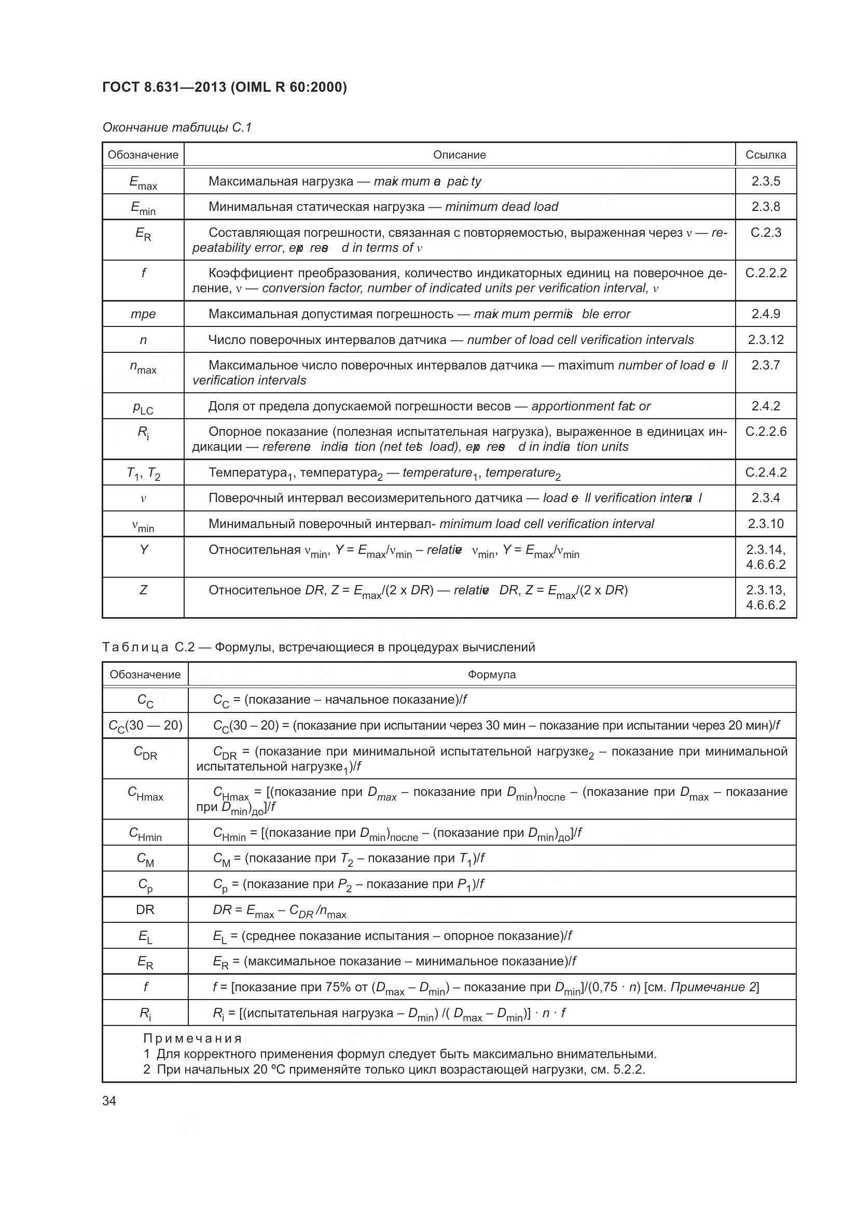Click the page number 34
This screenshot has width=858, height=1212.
coord(109,1101)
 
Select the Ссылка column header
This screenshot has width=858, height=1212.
coord(765,154)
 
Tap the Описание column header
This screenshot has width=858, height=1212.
coord(459,154)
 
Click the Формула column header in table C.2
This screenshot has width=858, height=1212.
coord(491,674)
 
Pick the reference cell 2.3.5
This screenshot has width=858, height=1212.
coord(765,181)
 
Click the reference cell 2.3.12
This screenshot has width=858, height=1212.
coord(765,339)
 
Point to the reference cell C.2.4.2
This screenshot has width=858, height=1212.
coord(765,472)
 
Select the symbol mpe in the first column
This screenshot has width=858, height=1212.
coord(143,314)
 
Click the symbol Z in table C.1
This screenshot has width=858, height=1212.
coord(143,590)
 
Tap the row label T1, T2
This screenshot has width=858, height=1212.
coord(143,474)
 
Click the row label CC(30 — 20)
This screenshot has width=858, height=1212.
coord(145,726)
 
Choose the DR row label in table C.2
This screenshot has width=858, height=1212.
coord(145,909)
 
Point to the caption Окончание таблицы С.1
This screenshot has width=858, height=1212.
coord(177,127)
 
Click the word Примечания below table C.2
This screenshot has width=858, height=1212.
coord(193,1038)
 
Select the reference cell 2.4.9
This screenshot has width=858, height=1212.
coord(765,314)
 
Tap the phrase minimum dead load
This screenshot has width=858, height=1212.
coord(501,206)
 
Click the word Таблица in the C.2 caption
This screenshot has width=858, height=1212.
coord(135,647)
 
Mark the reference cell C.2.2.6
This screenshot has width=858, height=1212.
coord(765,431)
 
